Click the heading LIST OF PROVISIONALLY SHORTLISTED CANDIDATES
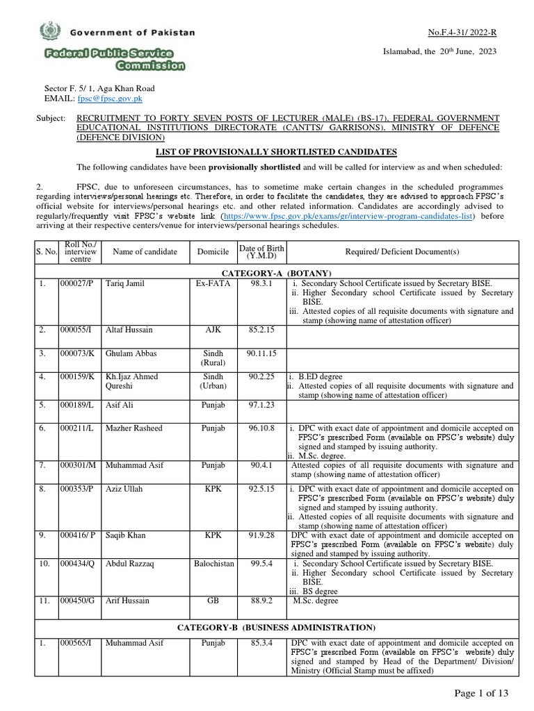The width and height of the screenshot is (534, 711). coord(277,151)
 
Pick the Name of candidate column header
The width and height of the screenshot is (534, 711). coord(145,251)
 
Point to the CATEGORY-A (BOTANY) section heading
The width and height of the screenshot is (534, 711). coord(276,274)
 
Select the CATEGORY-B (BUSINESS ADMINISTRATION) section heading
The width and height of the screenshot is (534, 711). coord(276,627)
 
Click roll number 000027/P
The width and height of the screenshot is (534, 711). coord(77,284)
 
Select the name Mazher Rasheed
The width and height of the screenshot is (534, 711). coord(134,428)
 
